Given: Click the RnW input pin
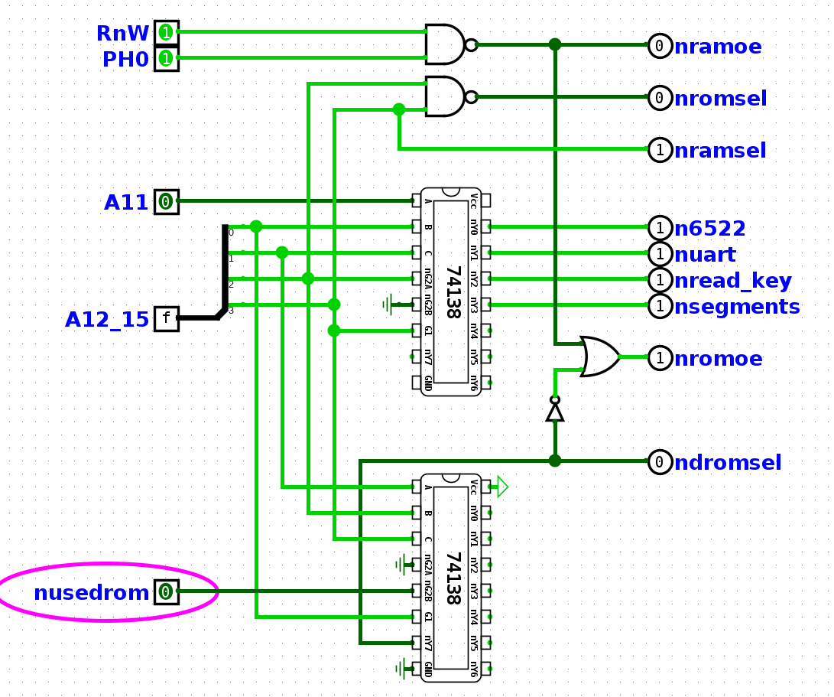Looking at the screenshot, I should tap(166, 33).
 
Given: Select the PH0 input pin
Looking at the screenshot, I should tap(166, 58).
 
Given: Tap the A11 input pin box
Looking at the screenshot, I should tap(166, 202).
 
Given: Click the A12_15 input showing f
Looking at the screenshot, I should tap(166, 318).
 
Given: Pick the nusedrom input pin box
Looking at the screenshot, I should tap(166, 591).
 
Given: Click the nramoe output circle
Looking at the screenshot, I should tap(660, 46).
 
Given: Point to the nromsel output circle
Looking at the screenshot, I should tap(660, 98).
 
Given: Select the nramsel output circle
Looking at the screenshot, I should tap(660, 150).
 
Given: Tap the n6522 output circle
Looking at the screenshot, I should tap(660, 227).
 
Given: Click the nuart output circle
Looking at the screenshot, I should tap(660, 253).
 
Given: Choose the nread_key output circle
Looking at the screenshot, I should tap(660, 280).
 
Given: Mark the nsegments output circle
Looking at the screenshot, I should tap(660, 306).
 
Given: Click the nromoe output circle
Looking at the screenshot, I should tap(660, 357).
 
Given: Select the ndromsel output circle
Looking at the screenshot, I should tap(660, 462).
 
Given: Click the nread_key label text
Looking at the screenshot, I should tap(732, 281).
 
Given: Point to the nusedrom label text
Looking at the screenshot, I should tap(91, 593).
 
